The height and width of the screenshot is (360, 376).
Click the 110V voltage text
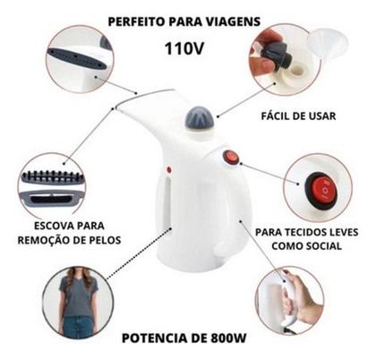184,48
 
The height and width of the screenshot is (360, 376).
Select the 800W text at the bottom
228,339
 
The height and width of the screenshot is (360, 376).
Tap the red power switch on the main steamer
231,157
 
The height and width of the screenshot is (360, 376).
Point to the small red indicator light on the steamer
169,170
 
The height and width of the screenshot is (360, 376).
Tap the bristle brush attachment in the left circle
53,177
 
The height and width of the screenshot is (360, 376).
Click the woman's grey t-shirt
78,296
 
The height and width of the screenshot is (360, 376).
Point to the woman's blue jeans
79,327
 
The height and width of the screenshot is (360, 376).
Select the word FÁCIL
276,116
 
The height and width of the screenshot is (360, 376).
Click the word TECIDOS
302,232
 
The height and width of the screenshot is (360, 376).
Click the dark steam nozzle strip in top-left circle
78,59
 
